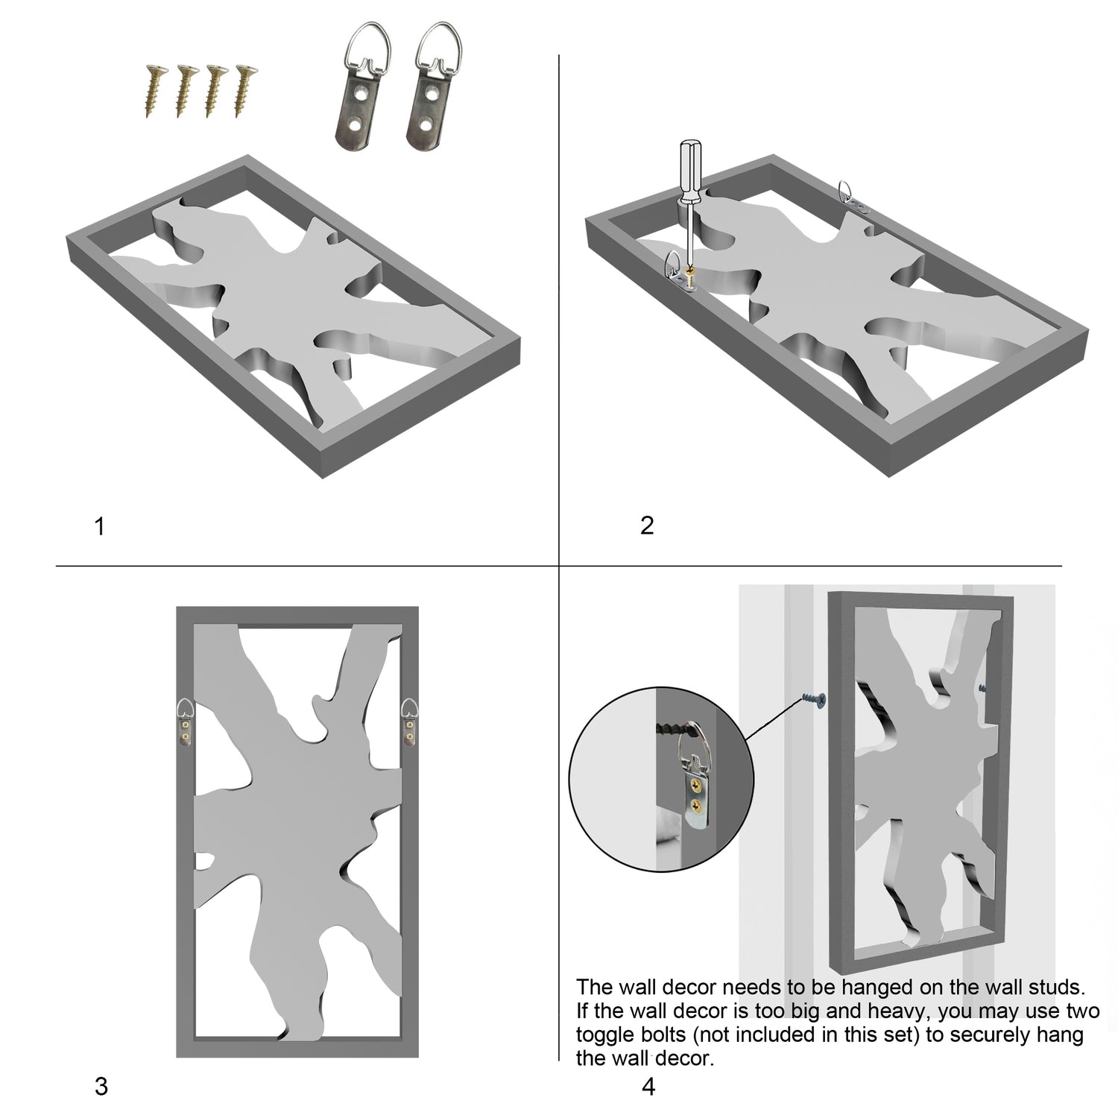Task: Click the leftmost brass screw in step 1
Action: pos(154,91)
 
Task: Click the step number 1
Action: pos(100,527)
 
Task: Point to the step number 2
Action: pos(647,525)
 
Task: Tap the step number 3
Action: pos(101,1087)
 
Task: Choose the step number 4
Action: pos(648,1087)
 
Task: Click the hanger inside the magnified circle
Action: pos(695,783)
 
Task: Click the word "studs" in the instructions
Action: pos(1052,988)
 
